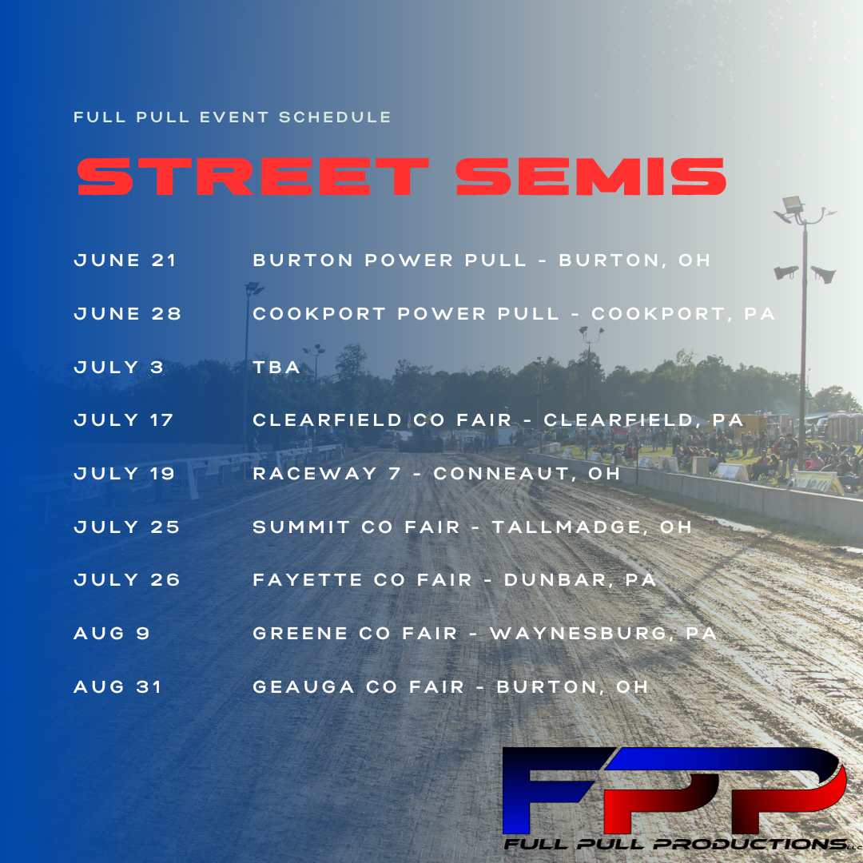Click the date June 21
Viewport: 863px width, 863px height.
(125, 260)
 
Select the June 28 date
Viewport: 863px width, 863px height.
(128, 314)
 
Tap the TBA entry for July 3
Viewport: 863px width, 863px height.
(276, 367)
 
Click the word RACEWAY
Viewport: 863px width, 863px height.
(315, 473)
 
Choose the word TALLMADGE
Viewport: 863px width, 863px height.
(567, 527)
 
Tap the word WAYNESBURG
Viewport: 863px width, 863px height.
(579, 634)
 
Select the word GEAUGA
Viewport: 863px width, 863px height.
(304, 687)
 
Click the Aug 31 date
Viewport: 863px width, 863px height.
(117, 687)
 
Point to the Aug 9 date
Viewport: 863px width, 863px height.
(112, 634)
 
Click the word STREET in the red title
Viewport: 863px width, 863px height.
(253, 177)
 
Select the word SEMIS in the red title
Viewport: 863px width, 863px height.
(591, 177)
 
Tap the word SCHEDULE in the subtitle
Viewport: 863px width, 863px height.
(335, 117)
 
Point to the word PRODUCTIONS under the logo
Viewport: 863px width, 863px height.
(750, 844)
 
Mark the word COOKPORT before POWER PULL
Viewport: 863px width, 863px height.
(319, 314)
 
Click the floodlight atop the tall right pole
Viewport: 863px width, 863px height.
(793, 205)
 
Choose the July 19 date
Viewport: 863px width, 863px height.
(125, 473)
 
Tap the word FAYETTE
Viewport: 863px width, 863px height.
(307, 580)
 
